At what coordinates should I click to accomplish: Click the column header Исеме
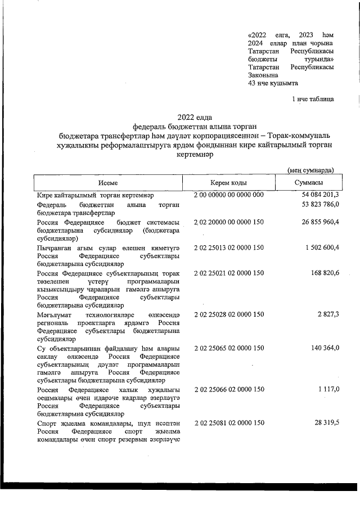click(x=109, y=183)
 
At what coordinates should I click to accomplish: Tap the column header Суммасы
click(x=308, y=183)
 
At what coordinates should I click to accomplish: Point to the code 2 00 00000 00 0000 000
click(x=228, y=195)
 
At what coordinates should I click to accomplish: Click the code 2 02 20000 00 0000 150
click(x=228, y=223)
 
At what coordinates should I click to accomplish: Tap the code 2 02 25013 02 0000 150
click(x=228, y=248)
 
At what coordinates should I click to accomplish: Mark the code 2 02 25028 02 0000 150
click(x=228, y=315)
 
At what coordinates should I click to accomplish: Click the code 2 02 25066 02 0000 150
click(x=228, y=390)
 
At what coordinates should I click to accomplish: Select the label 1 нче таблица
click(x=313, y=100)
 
